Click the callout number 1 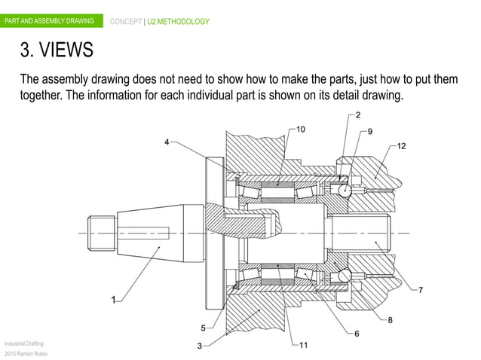tap(114, 300)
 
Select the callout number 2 tap(357, 115)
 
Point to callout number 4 tap(167, 141)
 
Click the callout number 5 tap(203, 327)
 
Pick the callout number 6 tap(356, 333)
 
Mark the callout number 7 tap(420, 290)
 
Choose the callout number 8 tap(391, 319)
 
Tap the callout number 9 tap(369, 132)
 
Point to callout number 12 tap(401, 146)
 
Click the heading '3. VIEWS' tap(57, 50)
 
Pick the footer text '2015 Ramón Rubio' tap(26, 354)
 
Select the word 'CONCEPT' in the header tap(127, 21)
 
